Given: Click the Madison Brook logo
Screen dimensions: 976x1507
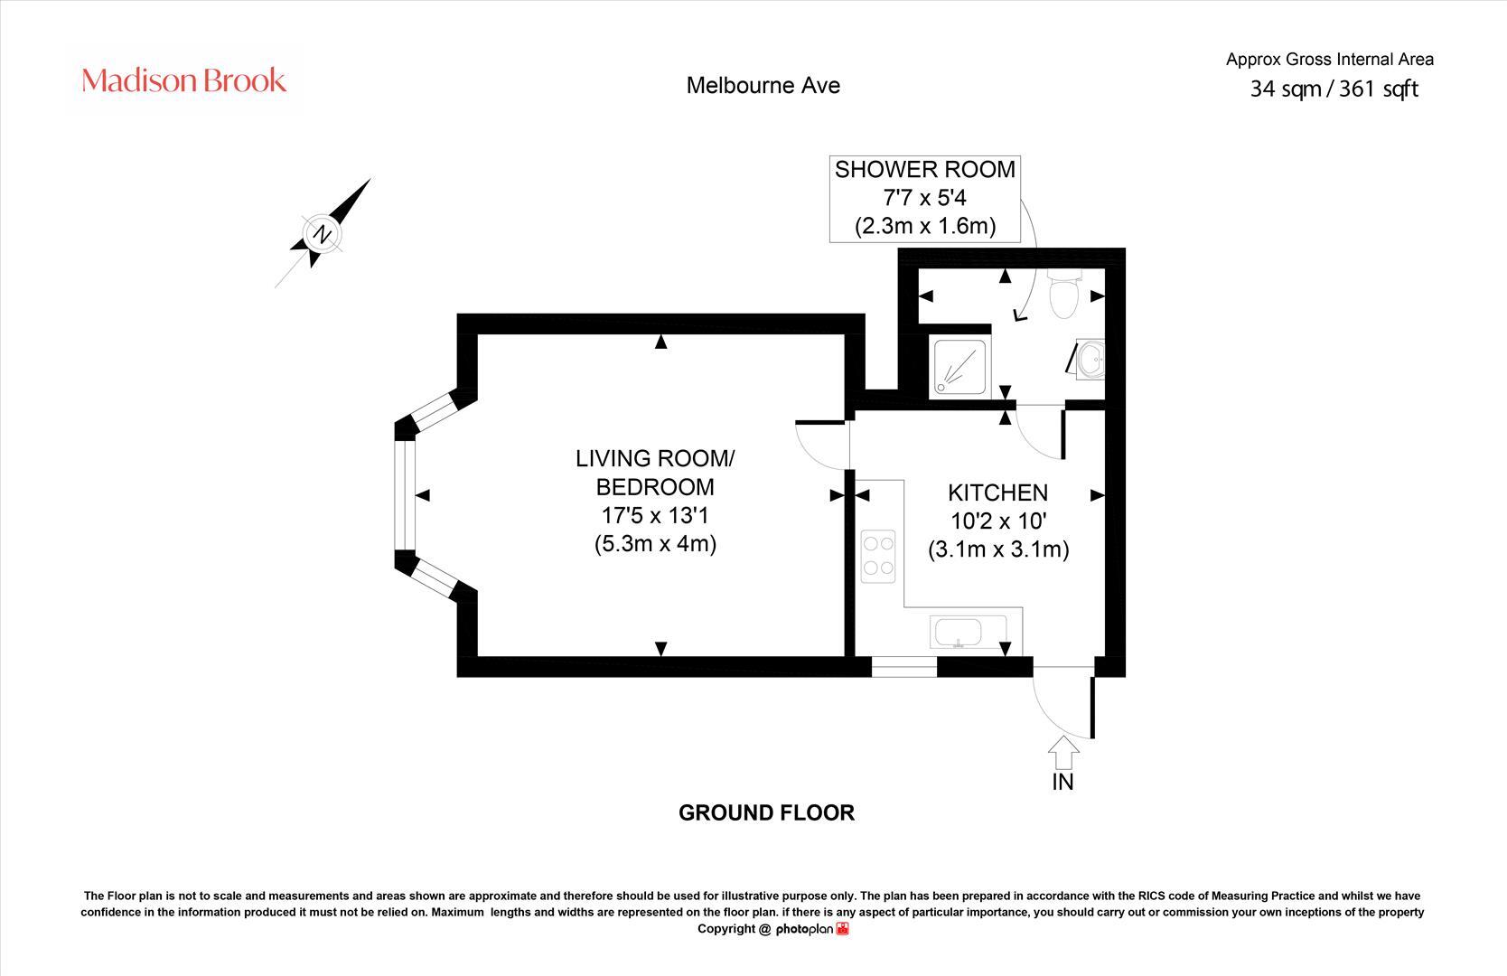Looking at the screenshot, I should (x=184, y=80).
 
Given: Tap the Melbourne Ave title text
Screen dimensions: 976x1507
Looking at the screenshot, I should (x=763, y=85).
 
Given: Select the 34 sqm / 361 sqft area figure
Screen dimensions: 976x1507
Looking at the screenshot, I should (x=1334, y=89).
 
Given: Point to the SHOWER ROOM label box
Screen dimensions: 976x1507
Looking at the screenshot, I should (x=924, y=198).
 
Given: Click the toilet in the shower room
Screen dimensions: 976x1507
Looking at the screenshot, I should (x=1064, y=293).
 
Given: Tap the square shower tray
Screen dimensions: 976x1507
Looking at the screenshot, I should (x=962, y=366).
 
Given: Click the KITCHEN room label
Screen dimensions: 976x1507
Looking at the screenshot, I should (x=997, y=493).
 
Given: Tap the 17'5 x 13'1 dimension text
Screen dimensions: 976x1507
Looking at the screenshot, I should (x=655, y=516).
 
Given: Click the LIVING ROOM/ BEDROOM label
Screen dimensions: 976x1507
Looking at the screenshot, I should (x=655, y=473).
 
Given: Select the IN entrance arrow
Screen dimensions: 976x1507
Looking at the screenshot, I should (x=1063, y=753).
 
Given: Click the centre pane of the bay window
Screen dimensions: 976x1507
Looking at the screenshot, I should (x=404, y=495).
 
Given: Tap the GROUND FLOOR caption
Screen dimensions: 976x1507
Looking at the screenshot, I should (x=766, y=812).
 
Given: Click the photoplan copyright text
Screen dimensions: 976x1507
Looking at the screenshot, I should (x=772, y=929).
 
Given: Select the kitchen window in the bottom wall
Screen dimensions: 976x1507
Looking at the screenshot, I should (x=903, y=669).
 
